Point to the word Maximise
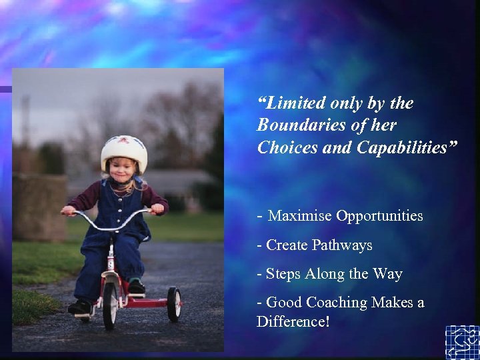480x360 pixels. (299, 216)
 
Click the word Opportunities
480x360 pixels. (380, 216)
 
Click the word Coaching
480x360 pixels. (337, 303)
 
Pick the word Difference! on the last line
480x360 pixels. (293, 321)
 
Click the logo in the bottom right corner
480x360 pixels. (462, 342)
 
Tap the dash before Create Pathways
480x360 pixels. (259, 245)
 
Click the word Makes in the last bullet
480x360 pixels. (394, 303)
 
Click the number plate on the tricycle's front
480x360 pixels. (111, 265)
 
